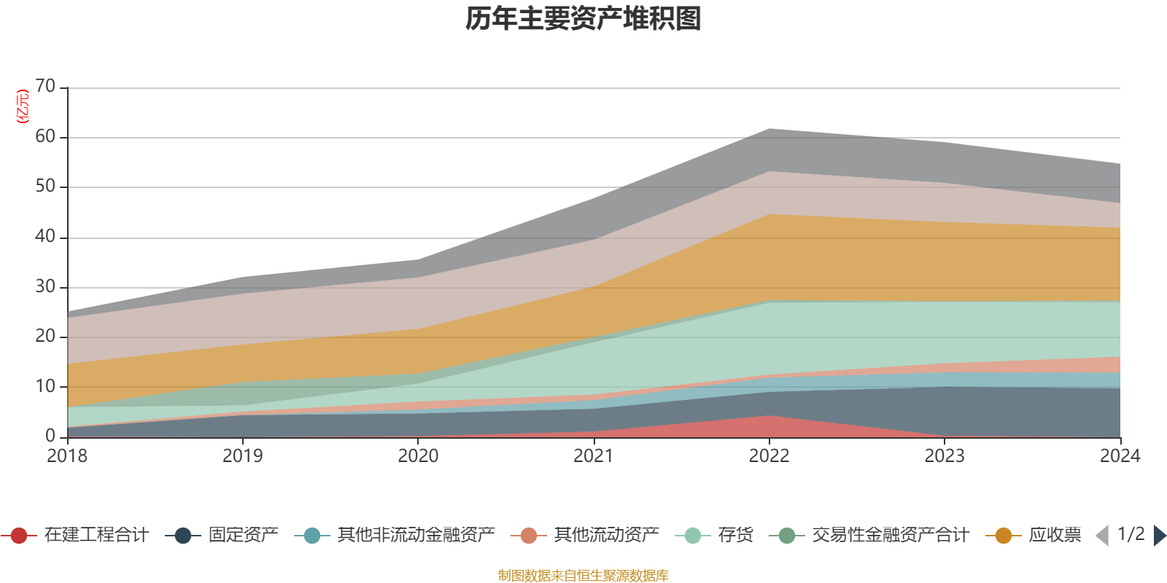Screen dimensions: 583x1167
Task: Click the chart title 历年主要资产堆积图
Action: [x=583, y=19]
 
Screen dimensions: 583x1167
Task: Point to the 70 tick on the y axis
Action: [x=45, y=86]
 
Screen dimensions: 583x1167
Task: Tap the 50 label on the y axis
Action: [x=45, y=187]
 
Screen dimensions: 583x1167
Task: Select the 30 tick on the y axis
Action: [x=45, y=286]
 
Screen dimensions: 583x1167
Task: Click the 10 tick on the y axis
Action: [x=45, y=386]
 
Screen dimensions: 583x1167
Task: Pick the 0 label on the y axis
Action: [x=50, y=436]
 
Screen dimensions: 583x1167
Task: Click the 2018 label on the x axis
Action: [x=67, y=456]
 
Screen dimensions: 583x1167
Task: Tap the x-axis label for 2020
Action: [x=418, y=456]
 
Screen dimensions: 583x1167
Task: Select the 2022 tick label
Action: [x=769, y=456]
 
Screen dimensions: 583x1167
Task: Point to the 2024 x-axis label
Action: [x=1120, y=456]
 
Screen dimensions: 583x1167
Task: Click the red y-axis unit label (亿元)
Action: [x=23, y=106]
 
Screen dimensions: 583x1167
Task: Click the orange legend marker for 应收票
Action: [x=1004, y=536]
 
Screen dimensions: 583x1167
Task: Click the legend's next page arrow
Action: [x=1160, y=536]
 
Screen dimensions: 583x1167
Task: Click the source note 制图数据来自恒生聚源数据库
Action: [x=583, y=576]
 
